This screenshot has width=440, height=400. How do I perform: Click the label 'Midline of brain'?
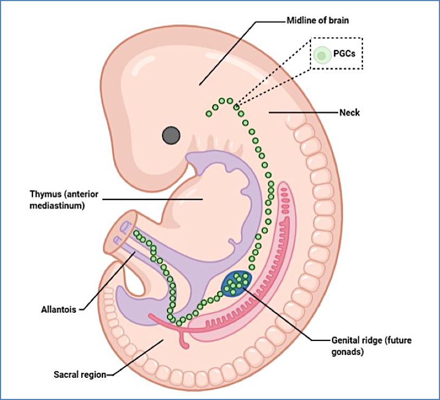(318, 21)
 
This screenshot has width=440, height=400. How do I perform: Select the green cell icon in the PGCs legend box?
(321, 54)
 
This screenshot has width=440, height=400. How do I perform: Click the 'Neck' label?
(350, 113)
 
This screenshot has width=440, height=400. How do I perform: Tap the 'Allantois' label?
(59, 310)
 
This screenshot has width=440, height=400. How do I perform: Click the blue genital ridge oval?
(237, 284)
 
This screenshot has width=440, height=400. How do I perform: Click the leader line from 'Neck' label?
(303, 113)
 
